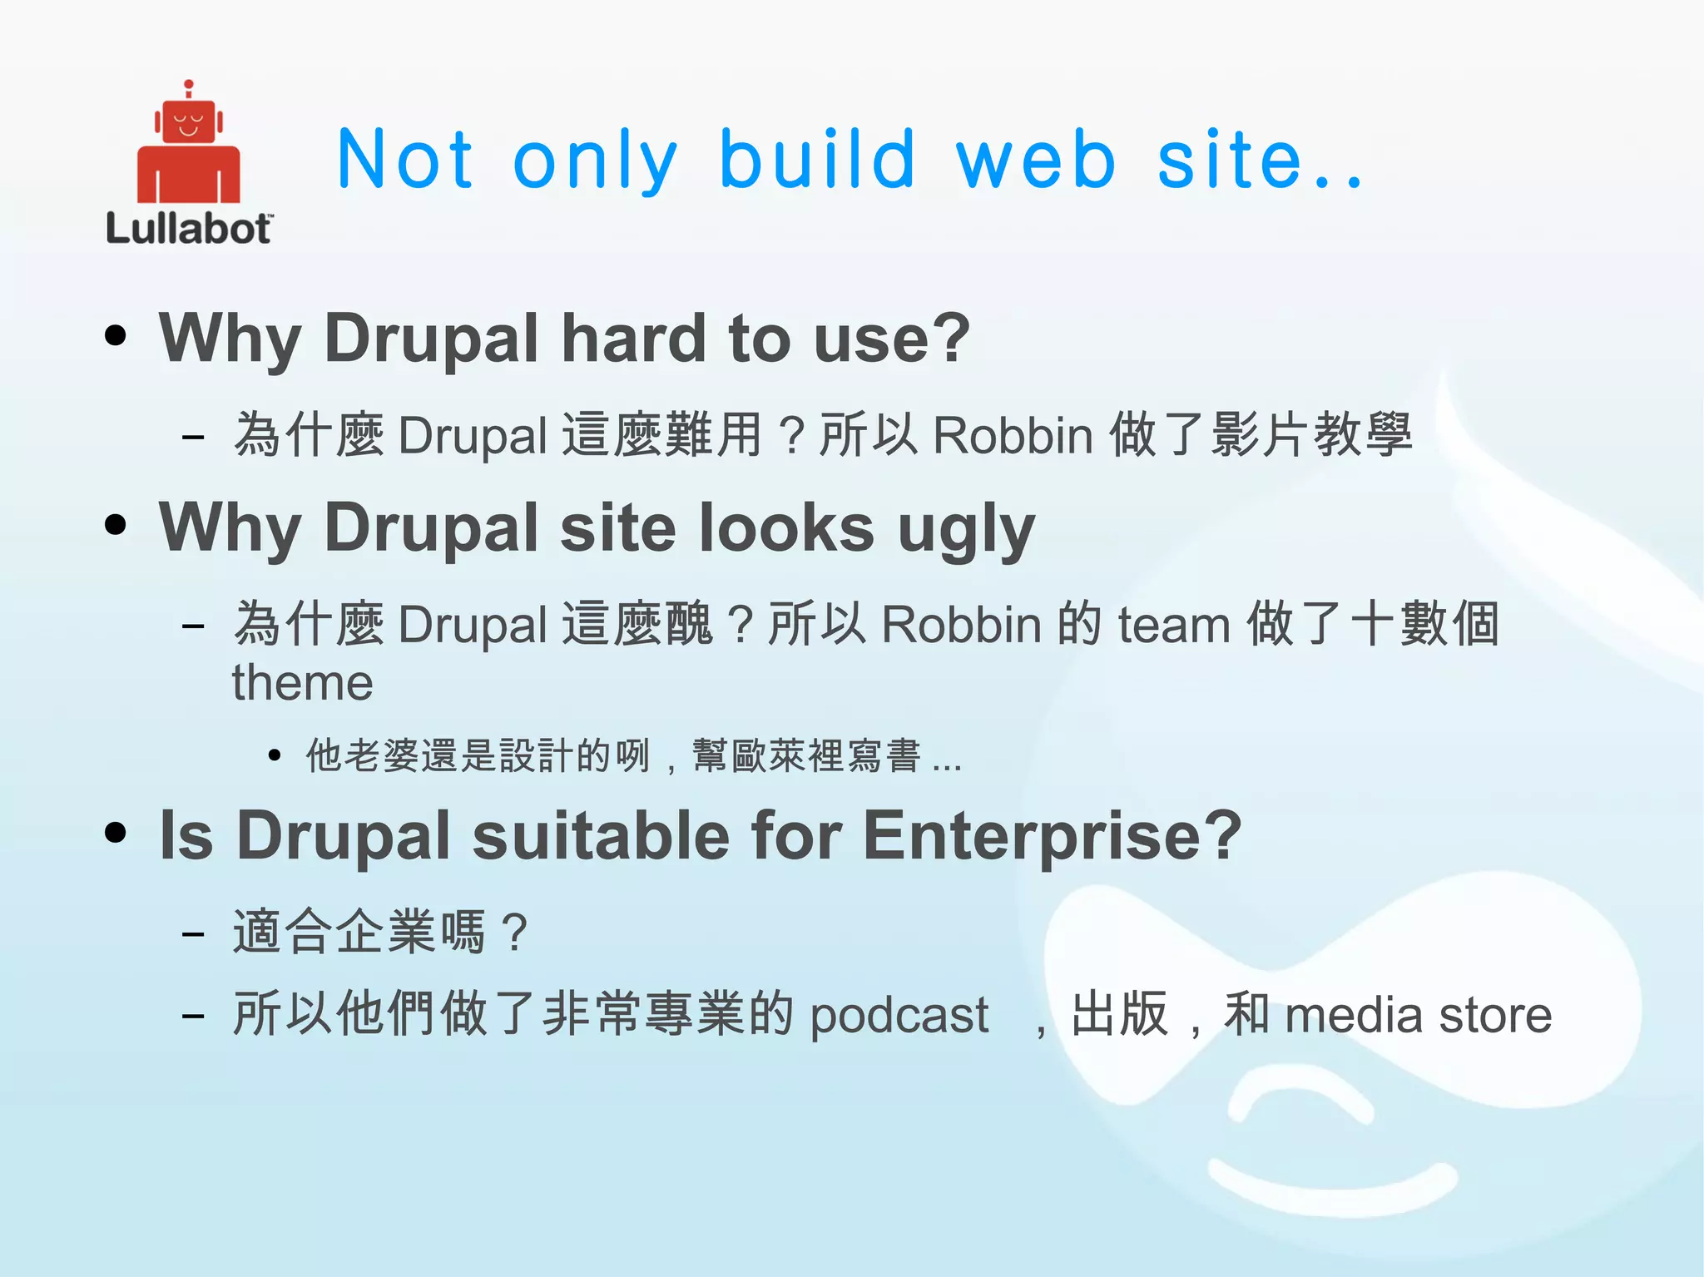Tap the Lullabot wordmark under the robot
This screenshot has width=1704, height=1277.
(189, 229)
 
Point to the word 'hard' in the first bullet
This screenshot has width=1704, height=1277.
(634, 339)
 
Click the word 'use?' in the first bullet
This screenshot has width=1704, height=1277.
(892, 339)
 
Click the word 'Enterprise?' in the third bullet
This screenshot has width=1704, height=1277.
(1053, 835)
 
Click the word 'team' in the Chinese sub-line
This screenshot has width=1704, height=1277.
(1174, 625)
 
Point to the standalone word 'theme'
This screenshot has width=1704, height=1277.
(302, 683)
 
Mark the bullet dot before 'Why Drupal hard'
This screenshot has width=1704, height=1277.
(116, 335)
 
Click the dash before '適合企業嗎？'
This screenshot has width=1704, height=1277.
(193, 933)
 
